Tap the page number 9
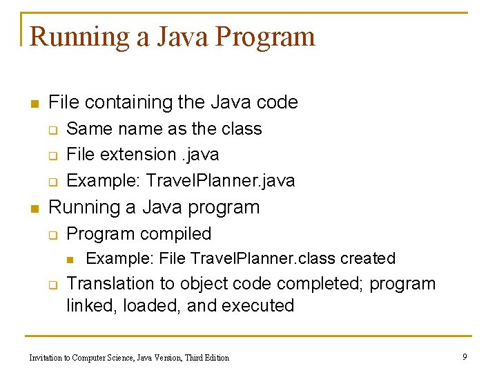465,356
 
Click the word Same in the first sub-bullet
85,129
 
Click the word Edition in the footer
215,357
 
